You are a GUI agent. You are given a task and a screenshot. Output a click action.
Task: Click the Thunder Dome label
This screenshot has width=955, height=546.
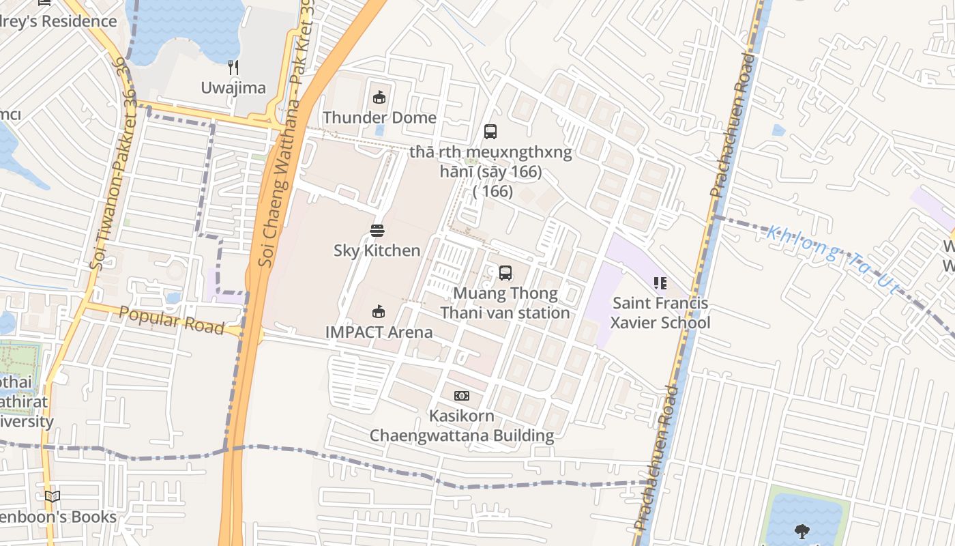point(379,117)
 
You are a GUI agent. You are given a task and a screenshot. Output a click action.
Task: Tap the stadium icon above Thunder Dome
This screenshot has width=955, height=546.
point(379,98)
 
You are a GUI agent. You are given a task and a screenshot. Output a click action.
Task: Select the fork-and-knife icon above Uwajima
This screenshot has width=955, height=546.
point(233,67)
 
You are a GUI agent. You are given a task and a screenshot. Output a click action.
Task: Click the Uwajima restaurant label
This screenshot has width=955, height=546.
point(233,87)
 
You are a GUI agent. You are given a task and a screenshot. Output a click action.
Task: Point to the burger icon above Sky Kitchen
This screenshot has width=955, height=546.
point(377,231)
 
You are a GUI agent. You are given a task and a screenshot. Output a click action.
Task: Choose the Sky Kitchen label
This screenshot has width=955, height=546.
point(377,250)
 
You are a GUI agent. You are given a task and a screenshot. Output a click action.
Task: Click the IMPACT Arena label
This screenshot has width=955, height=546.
point(379,332)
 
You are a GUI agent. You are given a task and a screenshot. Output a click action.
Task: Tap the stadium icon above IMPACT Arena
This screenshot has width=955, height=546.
point(379,312)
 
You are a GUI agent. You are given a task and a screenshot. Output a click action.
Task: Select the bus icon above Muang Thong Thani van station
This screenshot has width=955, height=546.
point(505,273)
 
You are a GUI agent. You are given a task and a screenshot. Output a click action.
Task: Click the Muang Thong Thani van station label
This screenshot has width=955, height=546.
point(505,303)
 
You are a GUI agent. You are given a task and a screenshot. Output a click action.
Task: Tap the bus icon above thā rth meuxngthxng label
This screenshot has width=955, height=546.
point(490,132)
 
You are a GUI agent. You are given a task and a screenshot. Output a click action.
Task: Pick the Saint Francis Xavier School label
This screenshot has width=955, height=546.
point(660,313)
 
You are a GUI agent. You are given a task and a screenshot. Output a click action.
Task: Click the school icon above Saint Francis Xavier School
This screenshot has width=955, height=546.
point(660,283)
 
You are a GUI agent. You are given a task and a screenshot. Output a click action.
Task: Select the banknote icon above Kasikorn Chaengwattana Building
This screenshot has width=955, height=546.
point(462,396)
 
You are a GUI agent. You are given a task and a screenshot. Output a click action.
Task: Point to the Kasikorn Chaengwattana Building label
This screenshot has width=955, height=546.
point(462,425)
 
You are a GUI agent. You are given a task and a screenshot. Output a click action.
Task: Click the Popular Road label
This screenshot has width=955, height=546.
point(171,320)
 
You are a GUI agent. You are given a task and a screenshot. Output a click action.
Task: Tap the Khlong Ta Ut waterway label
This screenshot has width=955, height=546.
point(832,260)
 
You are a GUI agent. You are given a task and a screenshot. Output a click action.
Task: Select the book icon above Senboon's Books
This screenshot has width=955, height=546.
point(53,497)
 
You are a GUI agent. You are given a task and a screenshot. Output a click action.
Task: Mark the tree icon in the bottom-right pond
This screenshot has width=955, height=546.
point(802,530)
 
